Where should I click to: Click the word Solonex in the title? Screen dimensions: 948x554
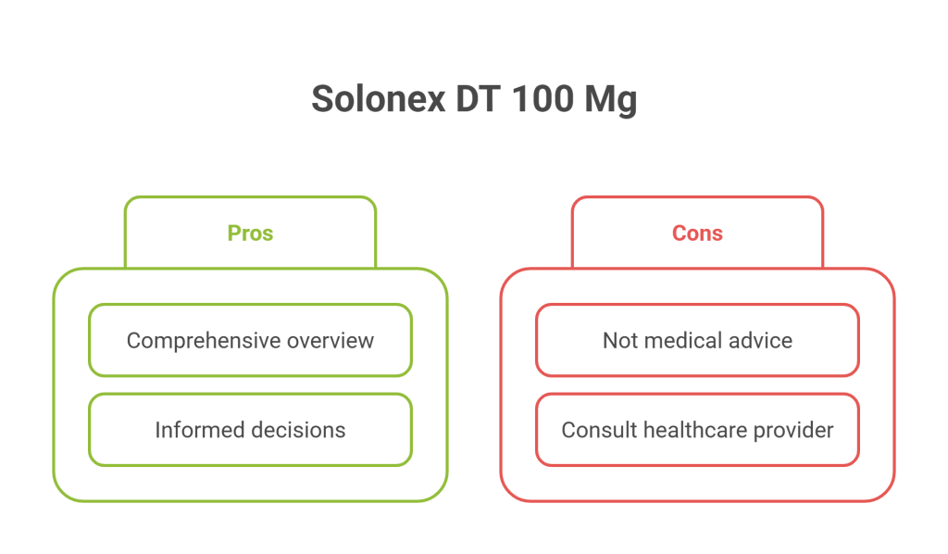click(379, 98)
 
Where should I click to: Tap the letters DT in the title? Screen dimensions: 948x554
click(479, 98)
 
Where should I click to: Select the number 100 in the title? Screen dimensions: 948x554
click(543, 98)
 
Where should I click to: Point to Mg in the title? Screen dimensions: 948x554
click(611, 101)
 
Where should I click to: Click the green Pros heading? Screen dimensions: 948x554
click(250, 233)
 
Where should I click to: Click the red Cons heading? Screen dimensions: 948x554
click(698, 233)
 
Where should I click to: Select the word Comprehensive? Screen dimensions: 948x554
click(204, 341)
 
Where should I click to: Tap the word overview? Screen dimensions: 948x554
click(331, 341)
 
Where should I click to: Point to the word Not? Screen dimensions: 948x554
click(620, 341)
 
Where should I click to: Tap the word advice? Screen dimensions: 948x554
click(761, 341)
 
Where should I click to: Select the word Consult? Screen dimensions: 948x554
click(599, 430)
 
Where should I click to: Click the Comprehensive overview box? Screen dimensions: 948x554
click(250, 304)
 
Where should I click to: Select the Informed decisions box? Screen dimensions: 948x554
click(250, 394)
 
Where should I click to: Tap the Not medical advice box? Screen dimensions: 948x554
click(698, 304)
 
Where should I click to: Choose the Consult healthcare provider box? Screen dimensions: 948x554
click(698, 394)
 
